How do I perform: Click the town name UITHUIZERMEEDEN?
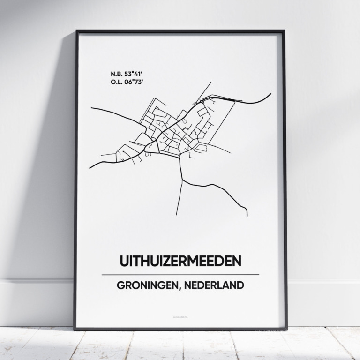click(180, 261)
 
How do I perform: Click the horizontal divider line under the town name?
click(180, 275)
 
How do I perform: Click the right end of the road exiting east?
click(271, 94)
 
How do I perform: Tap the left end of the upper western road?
click(91, 108)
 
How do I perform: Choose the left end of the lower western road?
click(90, 167)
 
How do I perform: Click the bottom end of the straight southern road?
click(176, 215)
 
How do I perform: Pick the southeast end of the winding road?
click(247, 216)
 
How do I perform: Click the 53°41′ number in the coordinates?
click(131, 74)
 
